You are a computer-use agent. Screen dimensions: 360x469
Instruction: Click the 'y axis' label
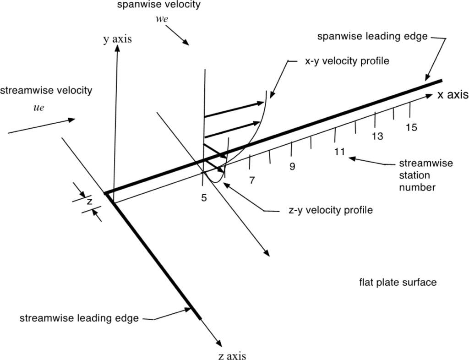[117, 39]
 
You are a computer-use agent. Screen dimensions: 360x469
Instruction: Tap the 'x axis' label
[453, 95]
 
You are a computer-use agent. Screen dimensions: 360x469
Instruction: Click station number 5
[204, 198]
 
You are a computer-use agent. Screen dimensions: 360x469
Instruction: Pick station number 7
[251, 180]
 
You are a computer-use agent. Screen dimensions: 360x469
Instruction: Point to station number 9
[292, 166]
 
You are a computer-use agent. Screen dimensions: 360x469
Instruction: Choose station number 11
[339, 152]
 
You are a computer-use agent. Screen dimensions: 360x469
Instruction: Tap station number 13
[377, 136]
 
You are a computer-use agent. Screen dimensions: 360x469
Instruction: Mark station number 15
[411, 127]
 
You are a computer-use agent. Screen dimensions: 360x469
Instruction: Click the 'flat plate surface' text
[398, 282]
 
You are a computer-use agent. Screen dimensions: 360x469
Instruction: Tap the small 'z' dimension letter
[90, 201]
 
